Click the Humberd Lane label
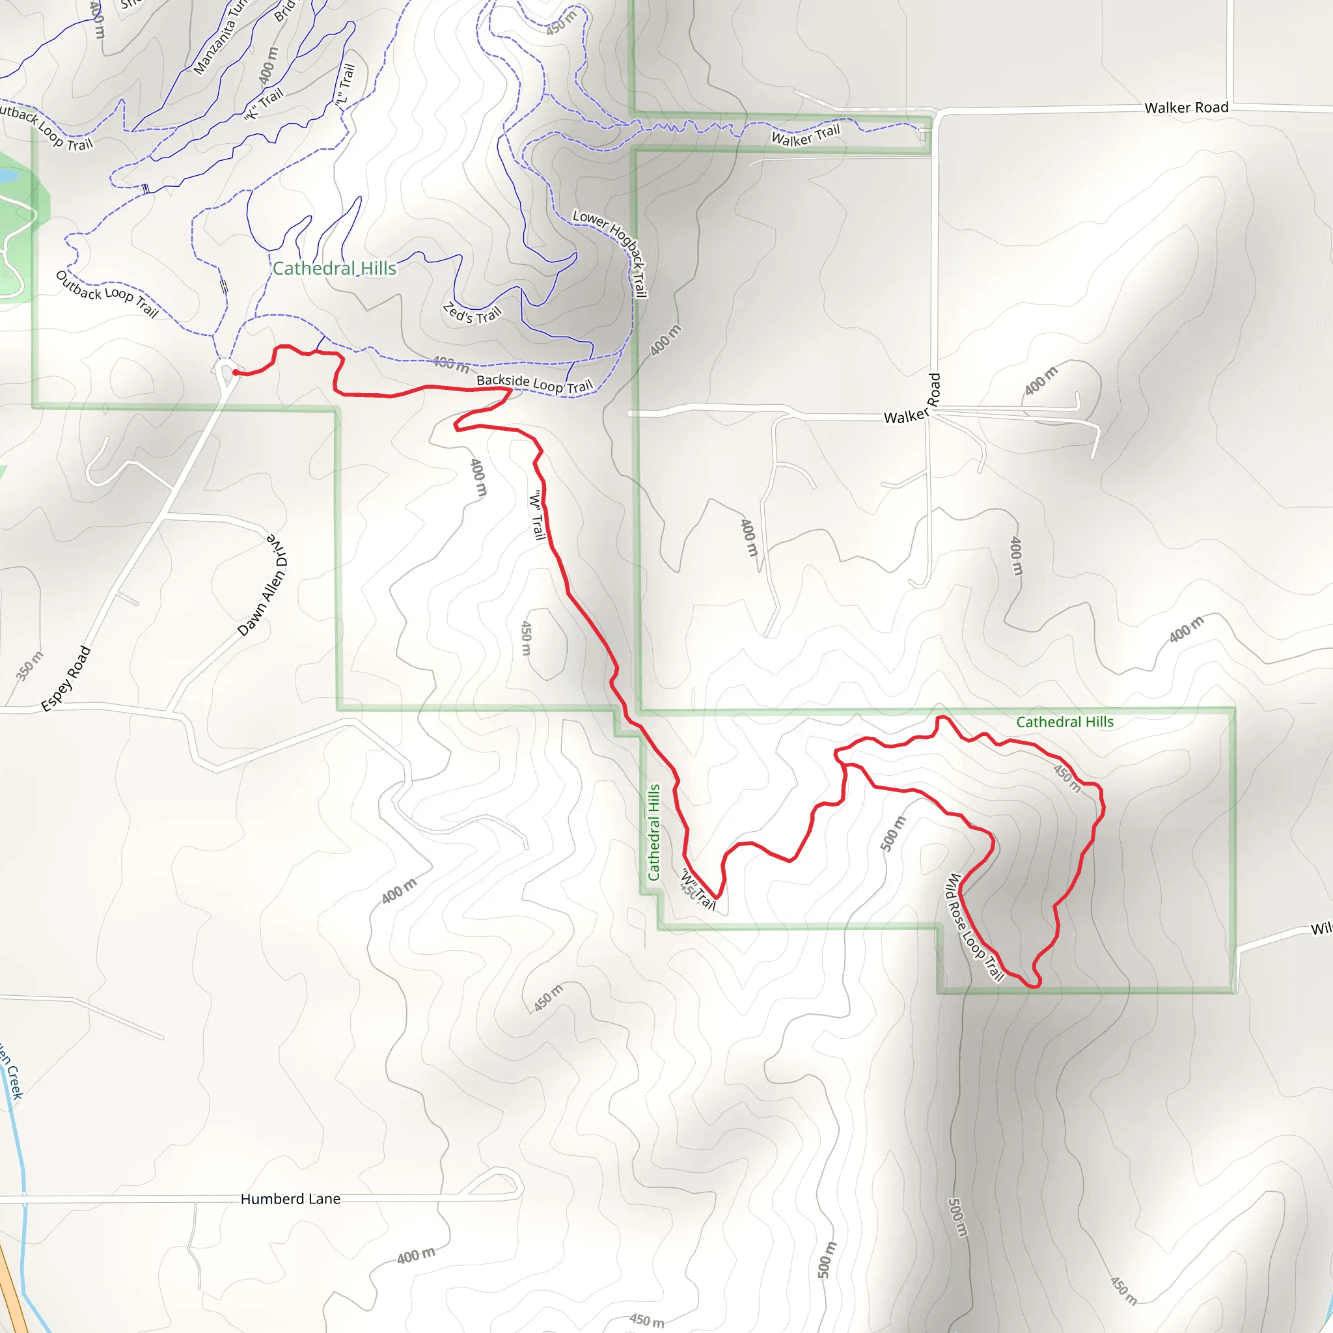point(290,1199)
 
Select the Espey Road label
point(66,678)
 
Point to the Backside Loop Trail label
point(534,383)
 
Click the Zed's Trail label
point(472,313)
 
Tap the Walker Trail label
point(805,135)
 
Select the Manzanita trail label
point(219,38)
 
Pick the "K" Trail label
point(264,103)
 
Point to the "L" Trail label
point(344,85)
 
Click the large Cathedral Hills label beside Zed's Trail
point(335,268)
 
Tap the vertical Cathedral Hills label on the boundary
point(653,832)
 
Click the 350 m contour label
point(29,666)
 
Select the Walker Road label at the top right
point(1186,107)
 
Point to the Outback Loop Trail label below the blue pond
point(107,294)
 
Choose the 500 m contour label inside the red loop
point(893,834)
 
